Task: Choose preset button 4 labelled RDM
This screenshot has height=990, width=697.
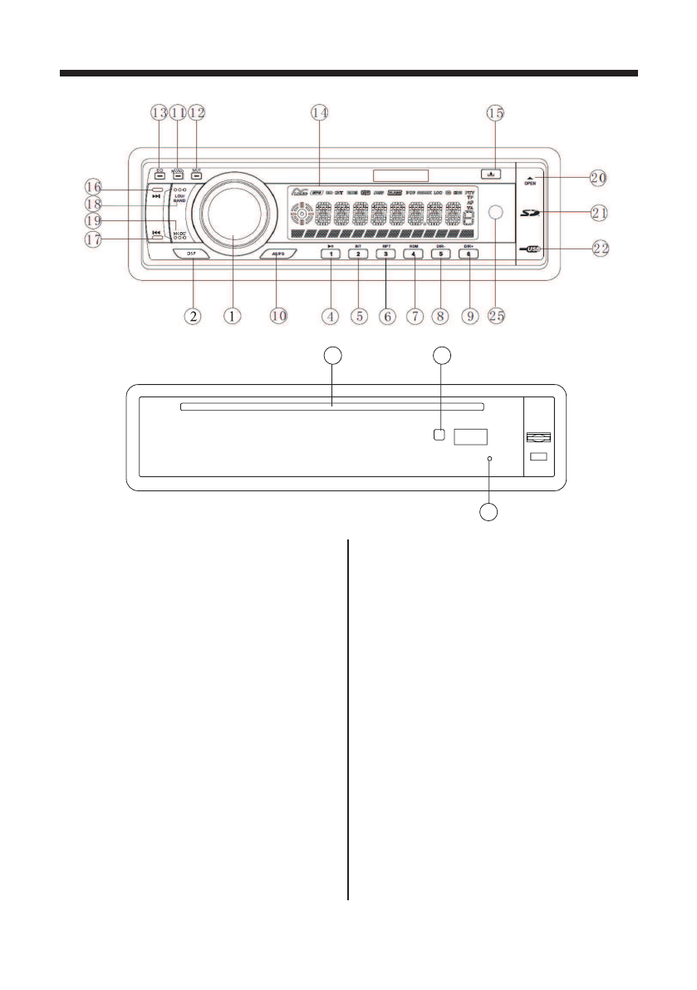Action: pos(413,255)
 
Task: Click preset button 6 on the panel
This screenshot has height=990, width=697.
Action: pos(468,255)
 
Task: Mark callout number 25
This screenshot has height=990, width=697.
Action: pos(497,316)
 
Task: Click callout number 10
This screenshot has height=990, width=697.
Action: pos(277,316)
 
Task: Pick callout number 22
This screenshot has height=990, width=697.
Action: pos(598,248)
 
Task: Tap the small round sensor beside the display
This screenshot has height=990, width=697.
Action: pos(498,214)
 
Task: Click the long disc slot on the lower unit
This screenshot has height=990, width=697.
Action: pos(331,407)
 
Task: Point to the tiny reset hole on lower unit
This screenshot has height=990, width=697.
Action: pos(491,459)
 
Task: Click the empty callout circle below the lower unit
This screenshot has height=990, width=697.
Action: pos(490,512)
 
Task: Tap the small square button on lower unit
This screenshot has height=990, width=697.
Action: pos(439,434)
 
